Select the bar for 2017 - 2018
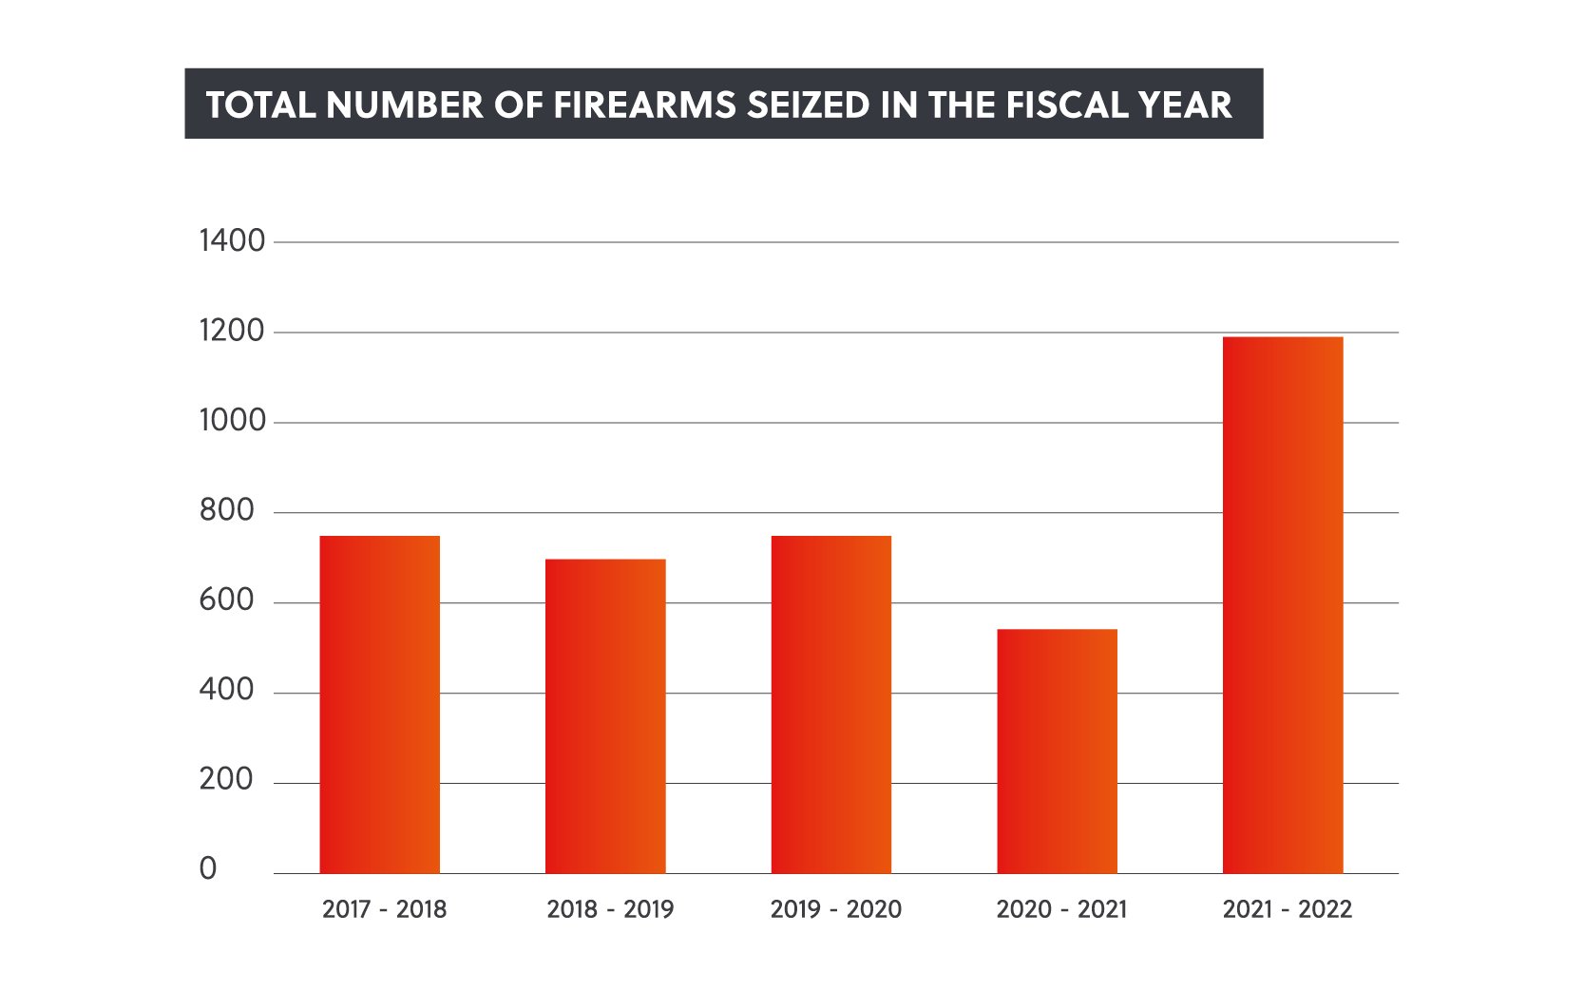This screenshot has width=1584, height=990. pos(379,704)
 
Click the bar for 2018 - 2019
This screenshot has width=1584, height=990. pos(605,715)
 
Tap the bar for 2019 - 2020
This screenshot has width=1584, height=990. pos(831,704)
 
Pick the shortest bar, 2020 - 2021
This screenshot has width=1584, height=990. pos(1057,751)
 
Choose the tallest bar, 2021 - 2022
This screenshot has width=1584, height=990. pos(1283,604)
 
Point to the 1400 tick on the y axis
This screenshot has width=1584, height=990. pos(232,241)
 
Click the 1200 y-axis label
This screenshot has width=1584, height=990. pos(232,332)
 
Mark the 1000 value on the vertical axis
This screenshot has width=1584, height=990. pos(232,421)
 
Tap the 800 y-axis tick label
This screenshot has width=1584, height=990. pos(227,511)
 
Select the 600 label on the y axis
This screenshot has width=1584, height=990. pos(227,600)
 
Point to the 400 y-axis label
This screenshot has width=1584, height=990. pos(227,690)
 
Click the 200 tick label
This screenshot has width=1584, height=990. pos(227,780)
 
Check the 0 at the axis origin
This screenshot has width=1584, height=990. pos(208,869)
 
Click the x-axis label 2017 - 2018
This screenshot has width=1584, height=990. pos(384,909)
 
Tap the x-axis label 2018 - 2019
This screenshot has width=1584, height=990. pos(610,909)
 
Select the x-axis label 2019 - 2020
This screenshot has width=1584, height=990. pos(835,909)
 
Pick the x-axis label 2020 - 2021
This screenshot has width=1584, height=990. pos(1061,909)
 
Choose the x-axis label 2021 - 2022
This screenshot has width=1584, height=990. pos(1287,909)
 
